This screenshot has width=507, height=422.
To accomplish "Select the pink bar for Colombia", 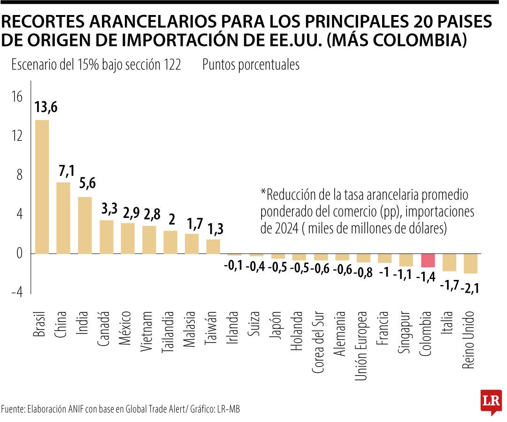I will [428, 260].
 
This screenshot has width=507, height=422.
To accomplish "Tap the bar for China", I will [63, 218].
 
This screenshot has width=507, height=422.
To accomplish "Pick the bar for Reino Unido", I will [470, 264].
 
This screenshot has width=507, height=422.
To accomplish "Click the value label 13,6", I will [46, 107].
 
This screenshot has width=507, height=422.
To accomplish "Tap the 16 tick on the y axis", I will [17, 97].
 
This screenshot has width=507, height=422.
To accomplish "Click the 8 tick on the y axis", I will [19, 175].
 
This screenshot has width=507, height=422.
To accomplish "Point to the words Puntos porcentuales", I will [251, 65].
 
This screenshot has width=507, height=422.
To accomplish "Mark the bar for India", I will [84, 225].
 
